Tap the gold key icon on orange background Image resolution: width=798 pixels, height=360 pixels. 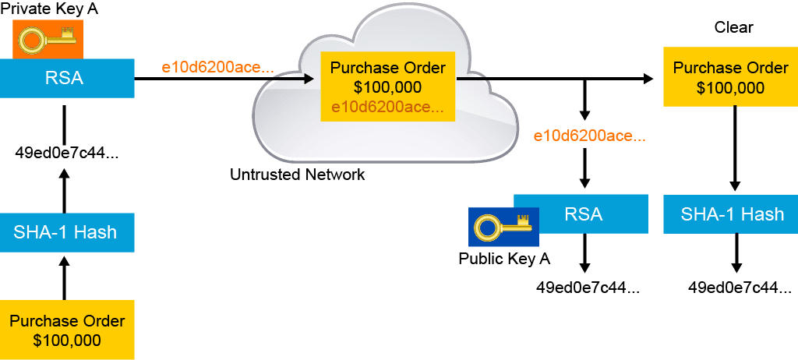click(48, 39)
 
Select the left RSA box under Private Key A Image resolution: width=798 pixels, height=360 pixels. click(67, 78)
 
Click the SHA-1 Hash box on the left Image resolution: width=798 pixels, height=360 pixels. click(67, 231)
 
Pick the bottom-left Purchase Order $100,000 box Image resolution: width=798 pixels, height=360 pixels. click(67, 330)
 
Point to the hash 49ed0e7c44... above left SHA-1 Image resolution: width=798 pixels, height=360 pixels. click(67, 152)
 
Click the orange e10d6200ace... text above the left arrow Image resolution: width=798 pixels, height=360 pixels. click(217, 67)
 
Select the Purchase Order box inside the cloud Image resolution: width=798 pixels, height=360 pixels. click(387, 87)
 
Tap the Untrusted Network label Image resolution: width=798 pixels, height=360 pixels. click(297, 175)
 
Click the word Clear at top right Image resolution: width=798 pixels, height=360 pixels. click(733, 28)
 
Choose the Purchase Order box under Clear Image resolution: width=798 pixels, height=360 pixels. click(729, 76)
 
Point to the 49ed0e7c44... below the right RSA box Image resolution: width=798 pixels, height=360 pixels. click(587, 288)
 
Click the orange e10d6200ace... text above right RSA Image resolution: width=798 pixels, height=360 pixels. click(589, 136)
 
